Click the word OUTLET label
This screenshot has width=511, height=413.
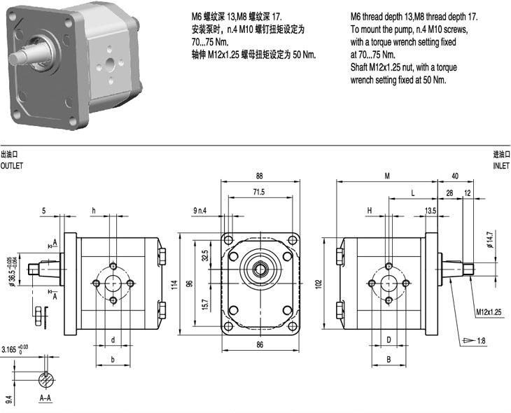pos(12,166)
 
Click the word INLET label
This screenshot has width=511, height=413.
pos(501,166)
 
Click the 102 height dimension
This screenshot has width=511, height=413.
pos(320,284)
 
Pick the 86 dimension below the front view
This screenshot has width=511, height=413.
pos(259,345)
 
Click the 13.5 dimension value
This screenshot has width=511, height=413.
pos(430,210)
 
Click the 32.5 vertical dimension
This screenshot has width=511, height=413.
pos(205,253)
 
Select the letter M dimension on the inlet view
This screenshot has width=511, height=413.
pos(386,176)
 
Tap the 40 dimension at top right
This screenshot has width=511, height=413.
pos(455,176)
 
